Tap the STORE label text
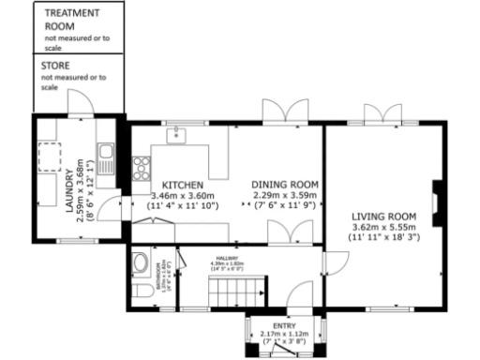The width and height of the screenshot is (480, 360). [x=55, y=67]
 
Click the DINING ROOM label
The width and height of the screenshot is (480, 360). [x=285, y=184]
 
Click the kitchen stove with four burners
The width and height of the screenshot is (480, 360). [x=142, y=169]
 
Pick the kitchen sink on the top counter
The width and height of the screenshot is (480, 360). [x=182, y=135]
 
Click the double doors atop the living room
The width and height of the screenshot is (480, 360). [x=384, y=116]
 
